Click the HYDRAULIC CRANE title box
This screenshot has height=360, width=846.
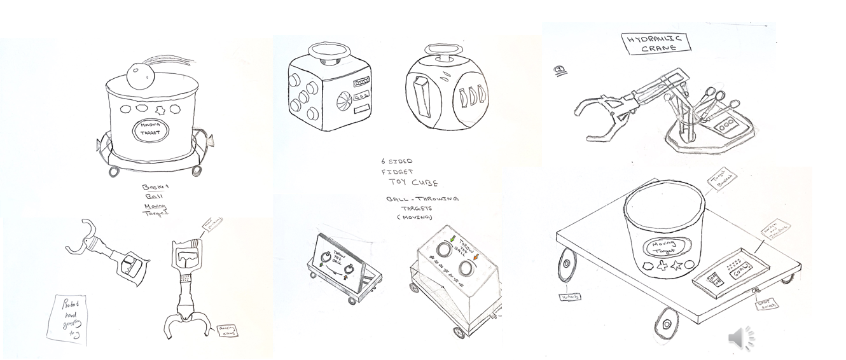click(654, 43)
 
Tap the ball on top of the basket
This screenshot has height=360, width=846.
click(139, 76)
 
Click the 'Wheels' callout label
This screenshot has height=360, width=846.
click(570, 296)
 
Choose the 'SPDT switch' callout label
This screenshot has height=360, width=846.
click(765, 305)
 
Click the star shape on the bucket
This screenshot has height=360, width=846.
click(679, 266)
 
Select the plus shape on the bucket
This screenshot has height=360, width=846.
click(663, 265)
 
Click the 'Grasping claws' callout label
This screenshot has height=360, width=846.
click(227, 330)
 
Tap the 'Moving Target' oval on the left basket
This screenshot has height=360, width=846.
click(150, 131)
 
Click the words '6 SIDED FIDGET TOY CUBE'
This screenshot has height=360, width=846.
click(407, 172)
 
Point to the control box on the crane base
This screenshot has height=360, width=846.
click(730, 125)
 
